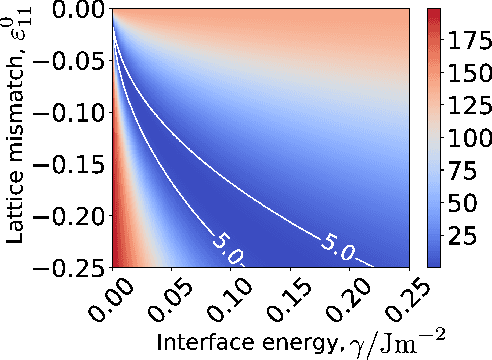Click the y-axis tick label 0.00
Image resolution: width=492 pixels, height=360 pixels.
(x=72, y=11)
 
